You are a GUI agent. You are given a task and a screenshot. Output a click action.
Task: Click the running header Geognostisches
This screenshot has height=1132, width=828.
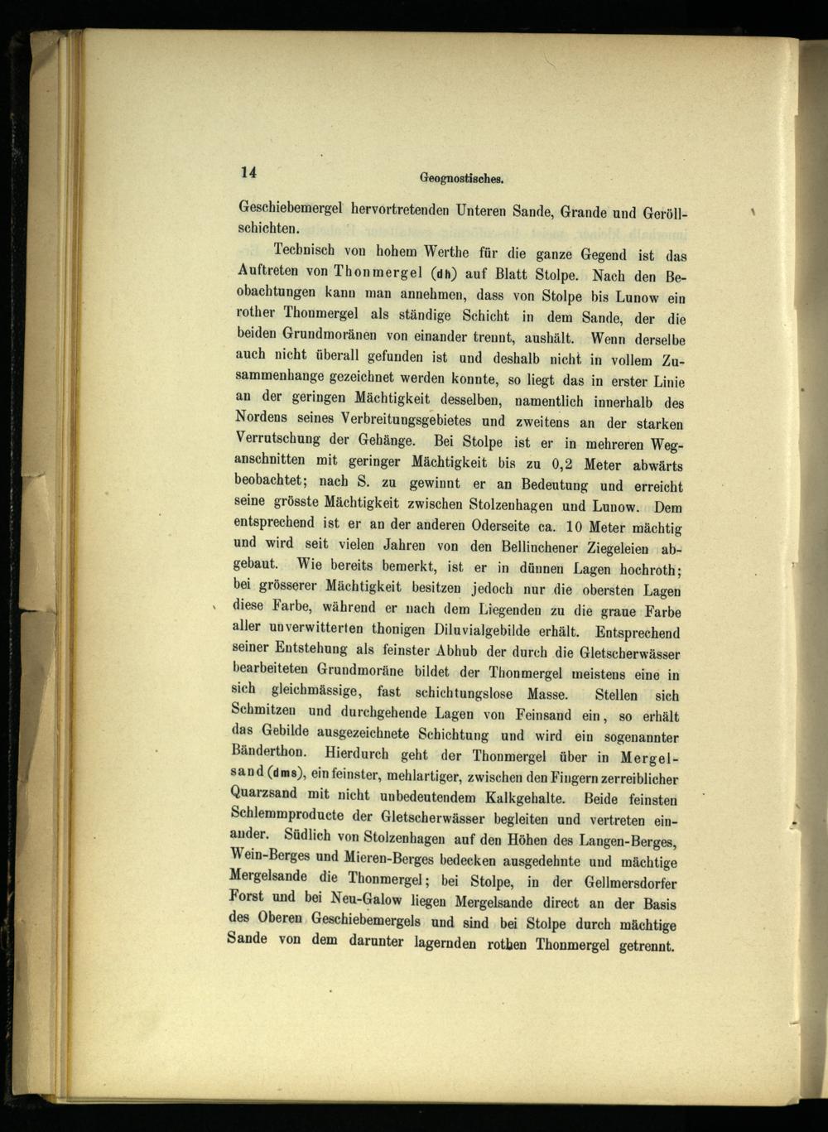(x=462, y=178)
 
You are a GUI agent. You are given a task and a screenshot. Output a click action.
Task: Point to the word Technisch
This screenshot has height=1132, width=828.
(x=309, y=250)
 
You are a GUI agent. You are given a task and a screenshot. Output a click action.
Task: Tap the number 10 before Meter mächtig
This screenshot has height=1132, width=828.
(x=576, y=527)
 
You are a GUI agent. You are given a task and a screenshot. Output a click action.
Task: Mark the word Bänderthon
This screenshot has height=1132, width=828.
(x=272, y=754)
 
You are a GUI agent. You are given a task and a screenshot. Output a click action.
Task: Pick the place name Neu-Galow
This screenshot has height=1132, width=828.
(x=365, y=899)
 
